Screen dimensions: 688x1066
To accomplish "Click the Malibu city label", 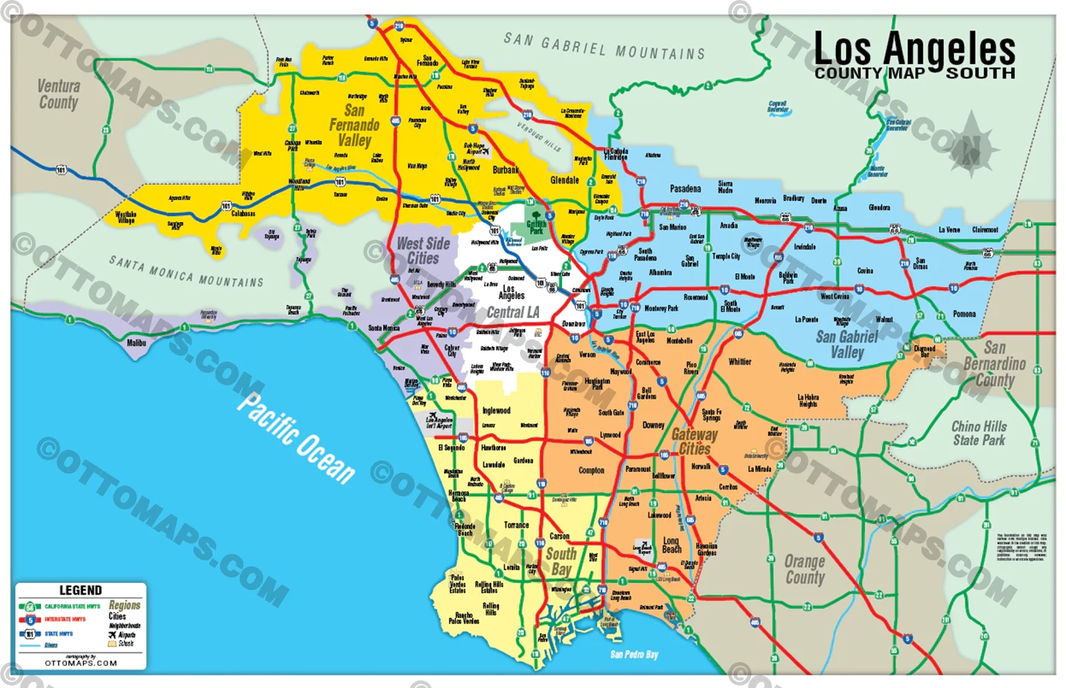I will coord(136,343).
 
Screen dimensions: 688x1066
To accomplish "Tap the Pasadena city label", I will coord(685,189).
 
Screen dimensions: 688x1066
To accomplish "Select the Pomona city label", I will coord(963,314).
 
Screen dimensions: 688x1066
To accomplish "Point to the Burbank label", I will coord(506,170).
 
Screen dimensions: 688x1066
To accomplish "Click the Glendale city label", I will coord(564,180).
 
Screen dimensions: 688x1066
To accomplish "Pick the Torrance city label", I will coord(516,525).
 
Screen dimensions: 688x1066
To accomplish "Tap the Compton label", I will coord(591,470).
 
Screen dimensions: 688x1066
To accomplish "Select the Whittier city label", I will coord(739,362).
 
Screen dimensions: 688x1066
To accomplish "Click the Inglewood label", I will coord(496,410).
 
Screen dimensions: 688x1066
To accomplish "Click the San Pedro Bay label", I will coord(634,655).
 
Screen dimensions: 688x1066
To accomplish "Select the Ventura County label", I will coord(59,94).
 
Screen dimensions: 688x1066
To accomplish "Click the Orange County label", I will coord(805,569).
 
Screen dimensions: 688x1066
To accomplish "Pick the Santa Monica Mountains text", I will coord(186,272).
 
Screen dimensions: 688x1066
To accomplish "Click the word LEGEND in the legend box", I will coord(81,591).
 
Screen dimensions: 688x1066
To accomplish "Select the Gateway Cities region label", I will coord(694,441).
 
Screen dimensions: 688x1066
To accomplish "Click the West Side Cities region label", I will coord(423,250).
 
